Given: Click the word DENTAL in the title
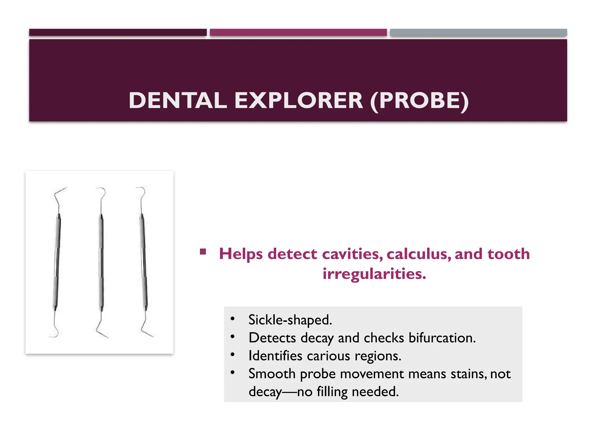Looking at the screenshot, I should pyautogui.click(x=178, y=101).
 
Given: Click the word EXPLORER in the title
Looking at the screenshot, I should pyautogui.click(x=298, y=101).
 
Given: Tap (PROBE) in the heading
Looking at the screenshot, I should pyautogui.click(x=419, y=101).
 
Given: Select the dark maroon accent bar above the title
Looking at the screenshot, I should pyautogui.click(x=118, y=32).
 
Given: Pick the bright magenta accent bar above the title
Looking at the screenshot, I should pyautogui.click(x=298, y=32).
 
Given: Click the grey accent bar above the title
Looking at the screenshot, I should pyautogui.click(x=478, y=32).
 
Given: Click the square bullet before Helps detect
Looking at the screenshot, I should pyautogui.click(x=203, y=252).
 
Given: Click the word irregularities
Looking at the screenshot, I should pyautogui.click(x=374, y=274).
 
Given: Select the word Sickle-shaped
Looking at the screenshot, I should pyautogui.click(x=290, y=320).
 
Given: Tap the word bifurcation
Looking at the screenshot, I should pyautogui.click(x=442, y=338).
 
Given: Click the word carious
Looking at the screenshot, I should pyautogui.click(x=328, y=356).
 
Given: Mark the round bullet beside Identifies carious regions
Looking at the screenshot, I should pyautogui.click(x=232, y=355).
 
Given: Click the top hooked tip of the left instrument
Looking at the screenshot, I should pyautogui.click(x=60, y=191).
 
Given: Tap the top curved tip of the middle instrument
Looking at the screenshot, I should pyautogui.click(x=102, y=191).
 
